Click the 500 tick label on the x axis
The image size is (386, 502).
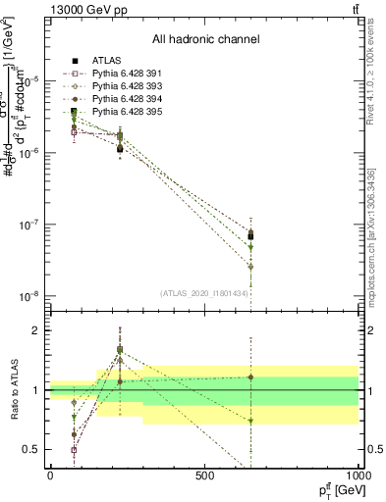coord(204,477)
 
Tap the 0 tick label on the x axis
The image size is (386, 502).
coord(50,477)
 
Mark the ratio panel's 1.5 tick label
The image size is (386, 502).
coord(30,361)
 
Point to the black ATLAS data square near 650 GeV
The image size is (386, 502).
coord(250,236)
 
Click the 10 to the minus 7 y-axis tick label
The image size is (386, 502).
coord(28,225)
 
